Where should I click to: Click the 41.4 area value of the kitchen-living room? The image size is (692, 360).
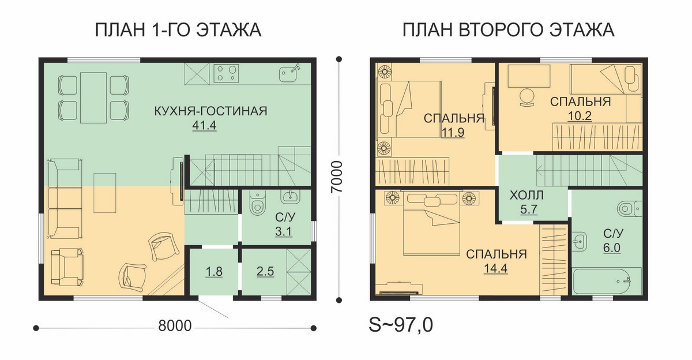pyautogui.click(x=204, y=125)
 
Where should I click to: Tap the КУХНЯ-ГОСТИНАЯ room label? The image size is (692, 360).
pyautogui.click(x=210, y=111)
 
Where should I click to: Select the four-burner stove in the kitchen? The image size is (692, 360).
pyautogui.click(x=226, y=73)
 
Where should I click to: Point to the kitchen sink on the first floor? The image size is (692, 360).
pyautogui.click(x=289, y=73)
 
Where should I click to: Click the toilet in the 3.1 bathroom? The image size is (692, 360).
pyautogui.click(x=257, y=203)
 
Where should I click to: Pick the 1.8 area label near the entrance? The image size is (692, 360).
pyautogui.click(x=214, y=271)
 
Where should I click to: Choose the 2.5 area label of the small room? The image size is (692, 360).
pyautogui.click(x=265, y=271)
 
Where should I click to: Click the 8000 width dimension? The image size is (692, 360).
pyautogui.click(x=175, y=326)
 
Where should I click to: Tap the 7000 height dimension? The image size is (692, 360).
pyautogui.click(x=337, y=177)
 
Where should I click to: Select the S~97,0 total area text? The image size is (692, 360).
pyautogui.click(x=401, y=325)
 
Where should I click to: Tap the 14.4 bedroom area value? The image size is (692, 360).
pyautogui.click(x=495, y=268)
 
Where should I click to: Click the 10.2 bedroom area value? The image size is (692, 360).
pyautogui.click(x=580, y=116)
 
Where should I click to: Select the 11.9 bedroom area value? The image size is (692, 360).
pyautogui.click(x=453, y=132)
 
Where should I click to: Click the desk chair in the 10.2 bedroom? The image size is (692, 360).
pyautogui.click(x=527, y=97)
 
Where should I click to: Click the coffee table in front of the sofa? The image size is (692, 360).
pyautogui.click(x=105, y=193)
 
